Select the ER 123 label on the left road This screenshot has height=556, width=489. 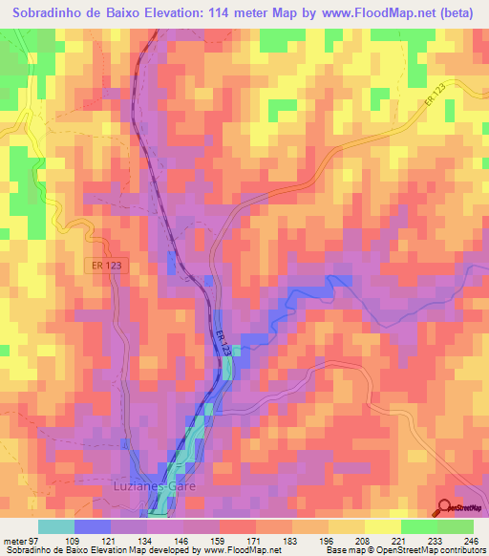(x=112, y=265)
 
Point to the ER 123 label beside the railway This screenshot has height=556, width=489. (x=222, y=344)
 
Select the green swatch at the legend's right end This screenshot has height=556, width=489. (x=456, y=526)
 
